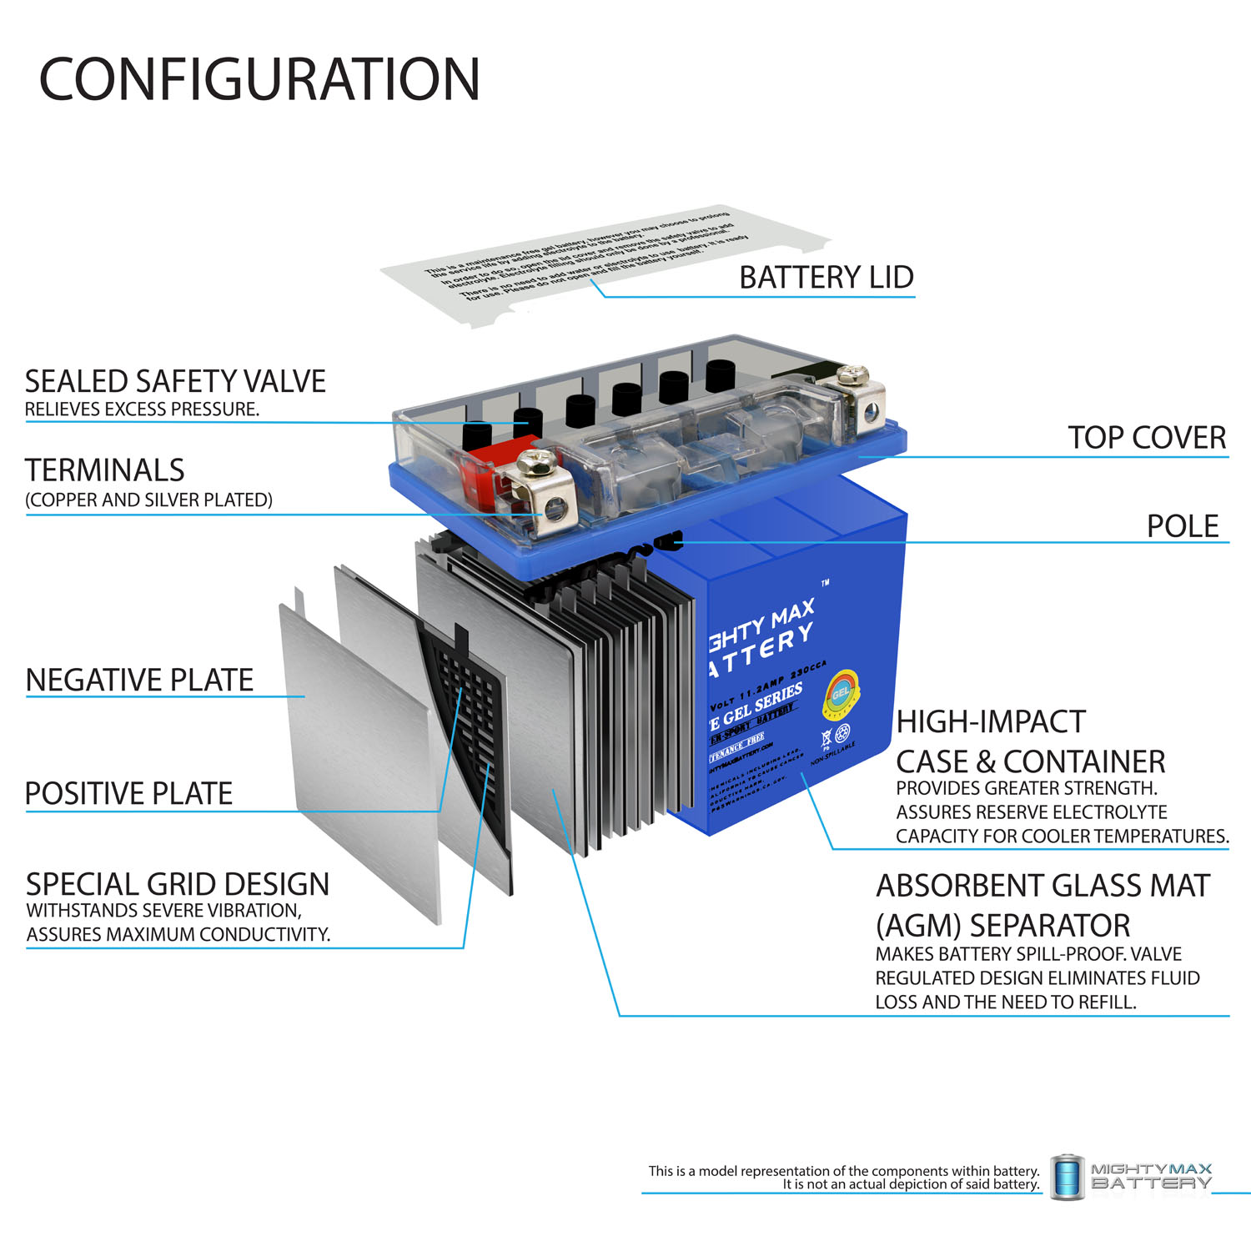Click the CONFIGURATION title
click(259, 80)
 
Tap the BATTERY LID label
click(826, 278)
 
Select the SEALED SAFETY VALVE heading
click(175, 382)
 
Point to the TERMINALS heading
click(105, 470)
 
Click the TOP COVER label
click(1147, 438)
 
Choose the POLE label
click(1183, 526)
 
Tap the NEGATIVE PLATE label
click(139, 681)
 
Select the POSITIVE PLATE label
click(128, 794)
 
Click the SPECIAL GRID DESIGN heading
click(178, 884)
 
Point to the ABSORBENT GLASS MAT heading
click(1042, 886)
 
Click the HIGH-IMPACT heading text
click(991, 721)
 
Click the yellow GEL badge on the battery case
click(841, 694)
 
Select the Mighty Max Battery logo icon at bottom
click(1067, 1177)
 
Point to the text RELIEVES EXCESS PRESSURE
click(142, 409)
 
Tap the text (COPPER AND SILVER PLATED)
click(148, 500)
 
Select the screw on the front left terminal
click(535, 460)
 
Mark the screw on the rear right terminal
click(852, 373)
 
